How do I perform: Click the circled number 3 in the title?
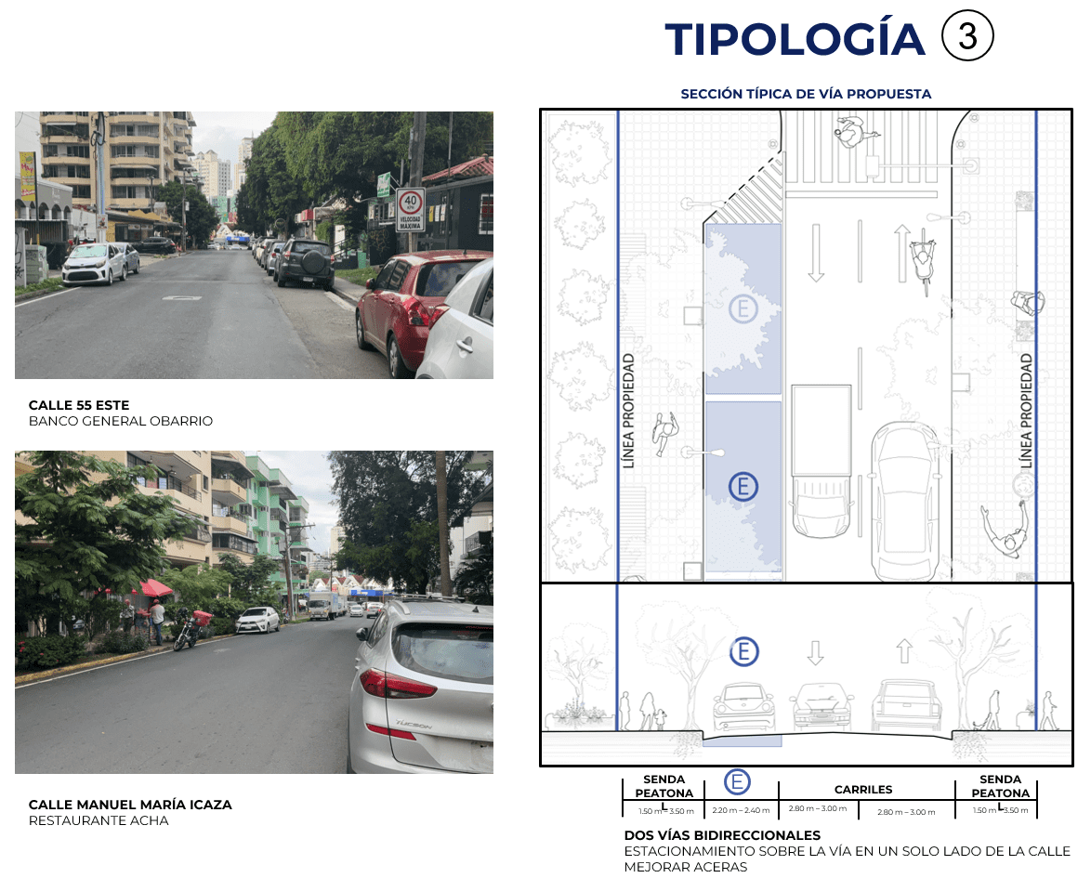[x=967, y=37]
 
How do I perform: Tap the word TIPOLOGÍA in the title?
[x=795, y=39]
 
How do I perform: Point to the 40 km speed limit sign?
[x=410, y=209]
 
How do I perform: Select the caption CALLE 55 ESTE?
[x=79, y=405]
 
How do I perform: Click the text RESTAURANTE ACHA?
[x=99, y=820]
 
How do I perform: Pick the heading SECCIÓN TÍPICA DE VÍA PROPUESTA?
[x=806, y=94]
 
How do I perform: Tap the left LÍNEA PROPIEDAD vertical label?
[x=629, y=410]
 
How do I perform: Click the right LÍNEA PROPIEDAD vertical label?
[x=1026, y=410]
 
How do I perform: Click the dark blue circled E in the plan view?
[x=743, y=486]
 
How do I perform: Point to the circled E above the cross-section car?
[x=743, y=651]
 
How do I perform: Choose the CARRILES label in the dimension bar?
[x=863, y=790]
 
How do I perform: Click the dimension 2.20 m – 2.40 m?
[x=740, y=811]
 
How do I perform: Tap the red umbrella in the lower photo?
[x=155, y=587]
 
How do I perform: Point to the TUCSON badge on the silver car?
[x=414, y=724]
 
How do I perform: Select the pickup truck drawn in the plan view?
[x=822, y=458]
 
